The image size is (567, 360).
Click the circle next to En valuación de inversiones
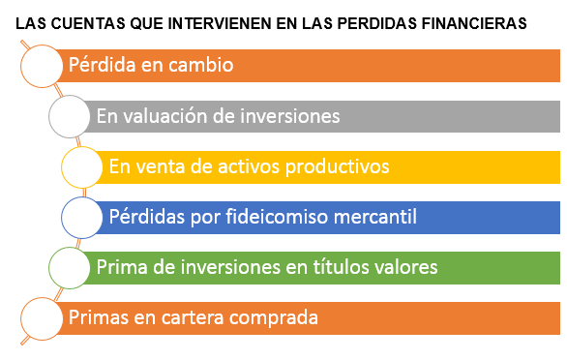pos(69,117)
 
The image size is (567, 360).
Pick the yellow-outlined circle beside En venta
pos(81,167)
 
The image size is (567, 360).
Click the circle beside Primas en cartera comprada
pos(41,317)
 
